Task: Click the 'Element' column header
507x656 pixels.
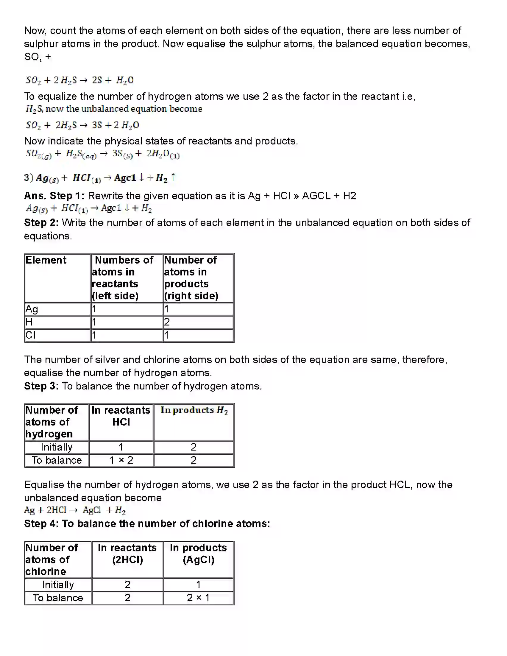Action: click(46, 260)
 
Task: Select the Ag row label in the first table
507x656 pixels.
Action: click(32, 309)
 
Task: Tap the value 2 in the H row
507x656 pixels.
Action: click(167, 322)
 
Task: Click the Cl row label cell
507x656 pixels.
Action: click(31, 335)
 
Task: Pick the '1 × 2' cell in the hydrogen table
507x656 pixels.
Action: click(121, 460)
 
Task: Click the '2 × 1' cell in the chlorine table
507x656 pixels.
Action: click(198, 598)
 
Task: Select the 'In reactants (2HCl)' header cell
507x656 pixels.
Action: click(127, 554)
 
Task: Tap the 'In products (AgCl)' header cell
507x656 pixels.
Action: click(199, 554)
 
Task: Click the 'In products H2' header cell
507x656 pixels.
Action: click(194, 410)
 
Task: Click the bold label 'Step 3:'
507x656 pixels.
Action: click(41, 386)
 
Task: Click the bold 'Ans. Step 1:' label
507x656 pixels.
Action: click(54, 196)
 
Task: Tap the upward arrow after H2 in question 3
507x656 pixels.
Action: click(173, 177)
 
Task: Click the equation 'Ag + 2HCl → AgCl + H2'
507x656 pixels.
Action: click(75, 510)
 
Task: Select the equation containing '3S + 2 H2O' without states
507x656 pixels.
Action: click(82, 125)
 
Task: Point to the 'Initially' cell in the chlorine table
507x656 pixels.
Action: click(58, 585)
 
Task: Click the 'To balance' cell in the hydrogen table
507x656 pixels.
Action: click(57, 460)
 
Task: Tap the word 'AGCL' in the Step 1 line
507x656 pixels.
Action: click(316, 196)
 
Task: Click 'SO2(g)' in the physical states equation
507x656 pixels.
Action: click(38, 154)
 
